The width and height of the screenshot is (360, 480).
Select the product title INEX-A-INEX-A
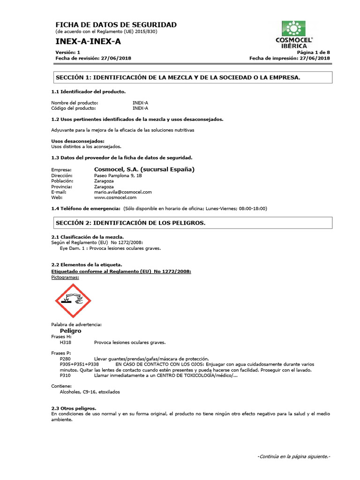pos(88,42)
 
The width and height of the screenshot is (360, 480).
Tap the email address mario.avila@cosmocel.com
pos(123,192)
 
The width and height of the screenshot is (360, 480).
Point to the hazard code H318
pos(66,342)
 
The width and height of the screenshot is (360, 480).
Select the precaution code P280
pos(66,359)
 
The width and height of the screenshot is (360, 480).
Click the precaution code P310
pos(66,375)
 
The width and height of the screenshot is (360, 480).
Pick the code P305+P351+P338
pos(80,364)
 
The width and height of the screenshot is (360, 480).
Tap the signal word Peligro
pos(71,330)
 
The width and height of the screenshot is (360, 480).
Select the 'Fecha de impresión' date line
pos(290,58)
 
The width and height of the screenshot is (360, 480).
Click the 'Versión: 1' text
pos(68,52)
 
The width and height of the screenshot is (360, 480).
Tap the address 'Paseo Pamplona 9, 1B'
pos(118,175)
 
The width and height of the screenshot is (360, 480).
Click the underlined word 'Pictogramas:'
pos(65,277)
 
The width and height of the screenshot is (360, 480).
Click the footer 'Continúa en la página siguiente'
pos(294,457)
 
